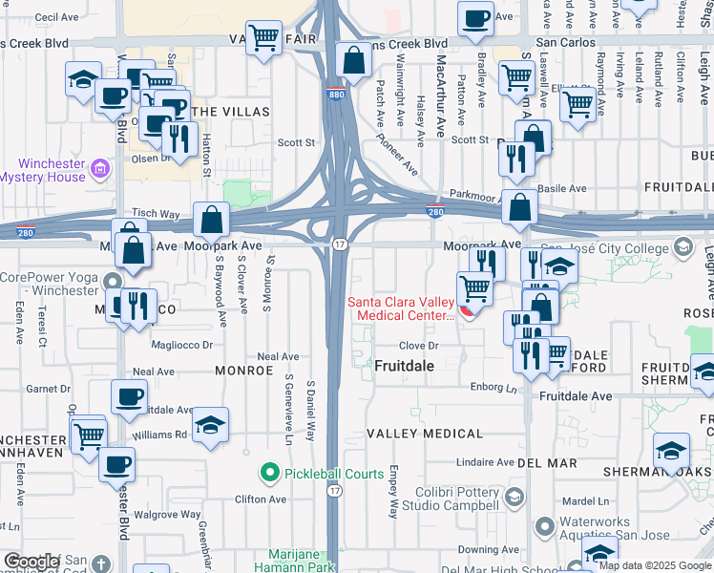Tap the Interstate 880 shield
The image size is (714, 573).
point(335,95)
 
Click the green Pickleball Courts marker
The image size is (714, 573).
point(270,472)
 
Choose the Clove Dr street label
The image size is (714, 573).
point(418,346)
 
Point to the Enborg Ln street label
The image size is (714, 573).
point(493,387)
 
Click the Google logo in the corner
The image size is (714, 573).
point(31,562)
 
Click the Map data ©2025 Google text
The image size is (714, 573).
point(655,565)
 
